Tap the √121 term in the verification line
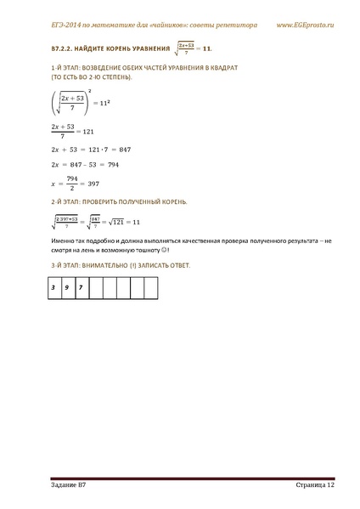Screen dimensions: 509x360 click(x=117, y=222)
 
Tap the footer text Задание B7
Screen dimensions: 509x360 click(x=68, y=484)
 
